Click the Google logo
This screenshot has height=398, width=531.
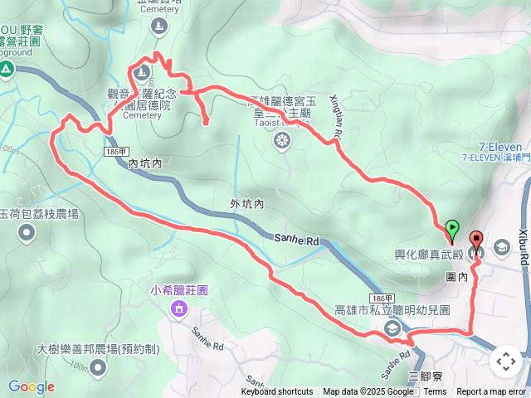click(31, 387)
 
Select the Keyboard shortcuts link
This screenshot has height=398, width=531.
click(277, 392)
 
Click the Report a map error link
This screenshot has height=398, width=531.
click(491, 392)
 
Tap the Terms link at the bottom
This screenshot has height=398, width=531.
click(435, 392)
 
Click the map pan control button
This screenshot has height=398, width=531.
click(505, 362)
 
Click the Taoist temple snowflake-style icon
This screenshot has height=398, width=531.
click(282, 142)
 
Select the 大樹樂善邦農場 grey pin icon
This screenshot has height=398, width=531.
click(99, 366)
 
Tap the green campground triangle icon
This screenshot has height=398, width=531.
click(6, 70)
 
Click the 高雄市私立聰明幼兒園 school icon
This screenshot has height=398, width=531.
click(392, 328)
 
